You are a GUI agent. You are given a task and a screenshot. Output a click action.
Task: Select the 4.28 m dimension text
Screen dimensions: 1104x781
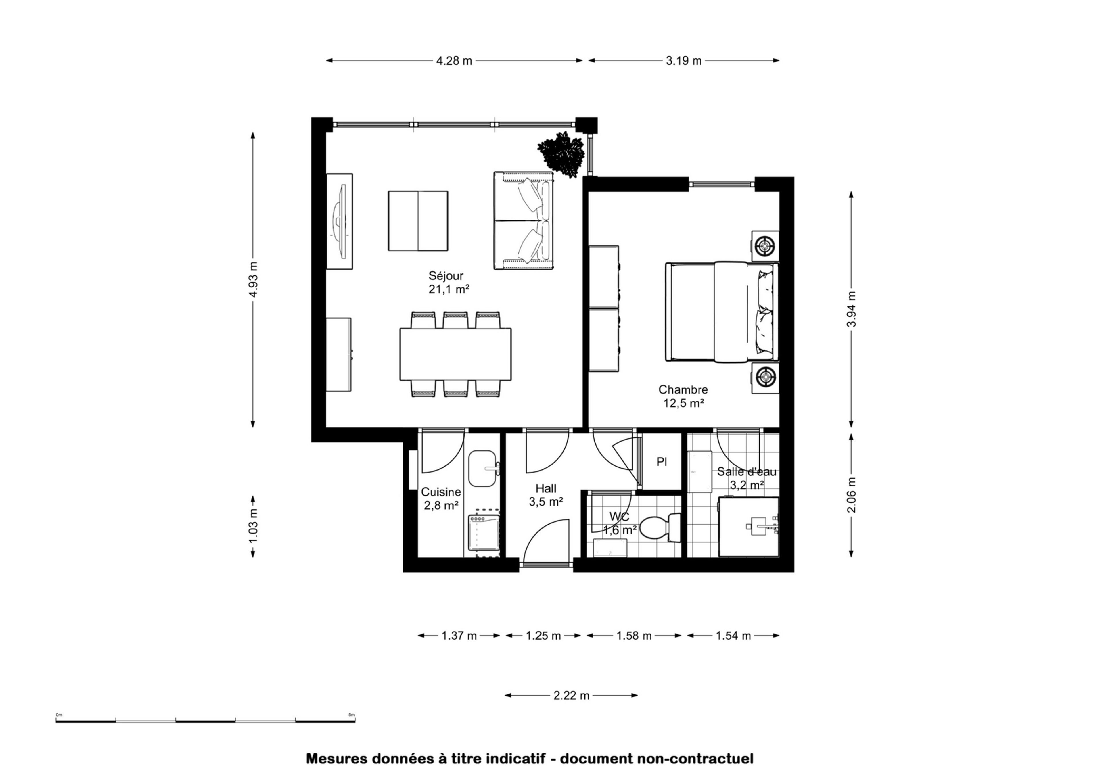coord(454,61)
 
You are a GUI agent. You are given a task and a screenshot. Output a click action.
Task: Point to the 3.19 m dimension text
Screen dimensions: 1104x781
coord(684,61)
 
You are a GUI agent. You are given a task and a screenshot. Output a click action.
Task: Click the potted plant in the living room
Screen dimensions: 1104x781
coord(562,154)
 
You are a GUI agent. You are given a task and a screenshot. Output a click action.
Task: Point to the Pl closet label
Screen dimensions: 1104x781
coord(662,462)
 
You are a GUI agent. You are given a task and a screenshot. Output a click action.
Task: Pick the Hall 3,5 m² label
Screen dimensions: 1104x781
coord(546,495)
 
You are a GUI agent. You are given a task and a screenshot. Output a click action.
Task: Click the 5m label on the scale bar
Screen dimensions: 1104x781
coord(352,715)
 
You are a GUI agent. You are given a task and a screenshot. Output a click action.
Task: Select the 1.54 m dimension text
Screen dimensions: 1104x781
coord(733,636)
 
